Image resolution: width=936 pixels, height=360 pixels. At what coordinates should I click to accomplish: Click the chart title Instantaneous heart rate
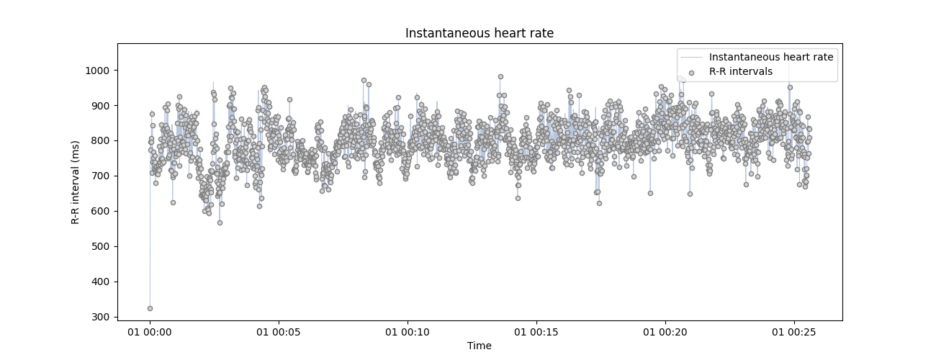tap(479, 33)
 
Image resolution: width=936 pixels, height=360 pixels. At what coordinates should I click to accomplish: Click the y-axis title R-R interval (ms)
tap(75, 181)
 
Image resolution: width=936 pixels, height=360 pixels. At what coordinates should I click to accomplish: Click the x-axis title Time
tap(479, 346)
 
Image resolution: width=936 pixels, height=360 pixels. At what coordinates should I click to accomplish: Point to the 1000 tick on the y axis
tap(99, 71)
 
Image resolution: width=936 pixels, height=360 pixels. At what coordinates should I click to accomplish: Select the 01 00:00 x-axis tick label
tap(150, 332)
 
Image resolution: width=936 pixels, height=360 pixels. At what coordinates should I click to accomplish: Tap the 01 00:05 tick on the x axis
tap(279, 332)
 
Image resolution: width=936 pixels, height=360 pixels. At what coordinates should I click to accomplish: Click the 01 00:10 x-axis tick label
tap(408, 332)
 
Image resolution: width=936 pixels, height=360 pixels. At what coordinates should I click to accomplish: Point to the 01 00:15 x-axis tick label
tap(536, 332)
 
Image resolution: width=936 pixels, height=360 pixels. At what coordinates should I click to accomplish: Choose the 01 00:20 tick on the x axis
tap(665, 332)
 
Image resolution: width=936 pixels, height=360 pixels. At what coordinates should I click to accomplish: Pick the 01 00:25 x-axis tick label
tap(794, 332)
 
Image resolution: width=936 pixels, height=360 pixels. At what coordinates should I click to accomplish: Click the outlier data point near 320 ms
tap(150, 308)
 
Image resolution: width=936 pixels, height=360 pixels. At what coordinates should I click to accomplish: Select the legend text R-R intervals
tap(741, 72)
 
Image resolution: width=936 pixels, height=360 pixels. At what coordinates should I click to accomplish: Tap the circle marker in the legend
tap(691, 73)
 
